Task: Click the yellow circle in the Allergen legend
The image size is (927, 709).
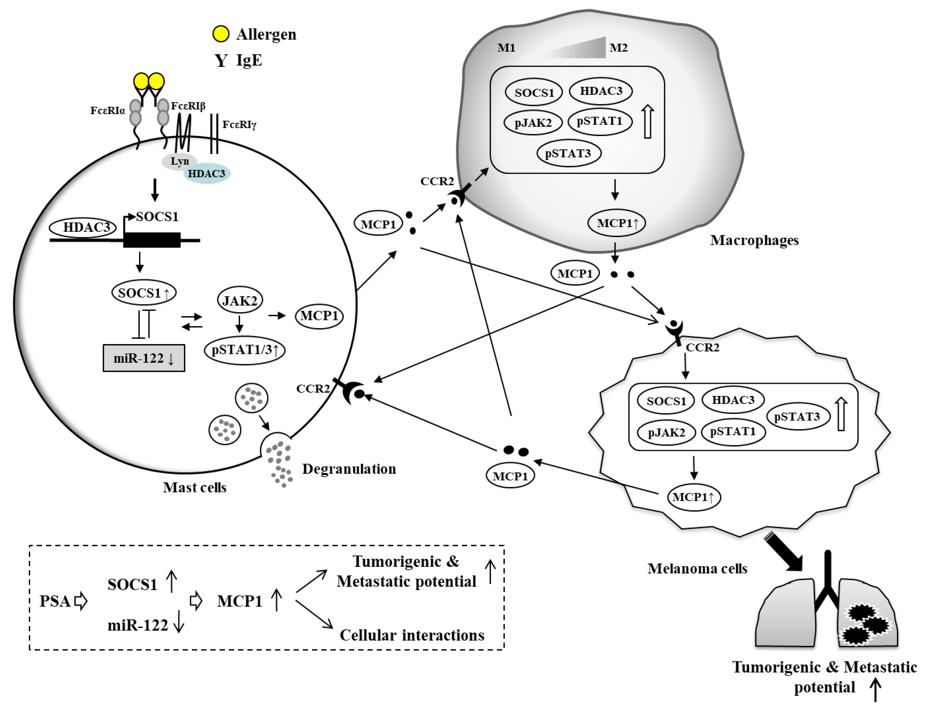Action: coord(221,34)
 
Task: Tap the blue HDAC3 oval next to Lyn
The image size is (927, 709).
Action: coord(207,174)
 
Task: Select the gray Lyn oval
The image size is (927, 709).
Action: coord(179,161)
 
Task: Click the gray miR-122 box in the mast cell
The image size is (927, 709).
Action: coord(144,358)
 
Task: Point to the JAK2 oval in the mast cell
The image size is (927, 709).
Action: coord(240,301)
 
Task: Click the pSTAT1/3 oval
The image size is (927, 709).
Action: coord(244,350)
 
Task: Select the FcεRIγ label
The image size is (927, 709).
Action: coord(239,125)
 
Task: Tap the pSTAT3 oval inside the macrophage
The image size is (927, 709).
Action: coord(568,153)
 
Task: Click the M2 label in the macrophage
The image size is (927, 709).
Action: coord(619,48)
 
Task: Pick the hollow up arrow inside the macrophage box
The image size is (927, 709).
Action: coord(648,122)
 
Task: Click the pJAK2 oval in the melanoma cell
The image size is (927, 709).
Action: coord(666,433)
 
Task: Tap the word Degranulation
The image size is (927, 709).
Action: coord(349,469)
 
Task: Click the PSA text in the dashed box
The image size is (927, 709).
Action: coord(55,601)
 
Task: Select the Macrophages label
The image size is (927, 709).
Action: coord(754,240)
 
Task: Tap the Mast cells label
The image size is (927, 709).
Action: coord(195,487)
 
